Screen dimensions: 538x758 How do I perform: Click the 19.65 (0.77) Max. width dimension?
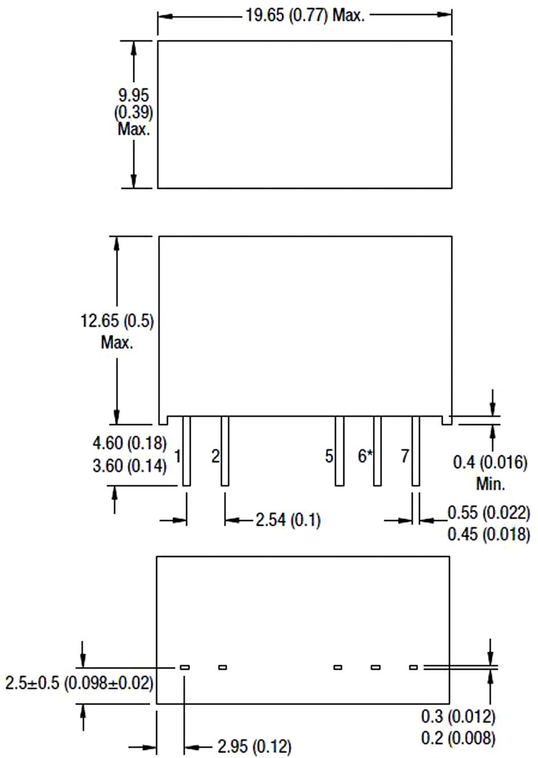click(305, 15)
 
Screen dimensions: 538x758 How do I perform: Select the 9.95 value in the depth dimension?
click(133, 95)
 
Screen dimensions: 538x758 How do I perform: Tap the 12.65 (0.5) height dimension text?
click(117, 321)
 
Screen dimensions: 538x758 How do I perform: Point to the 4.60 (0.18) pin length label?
click(130, 443)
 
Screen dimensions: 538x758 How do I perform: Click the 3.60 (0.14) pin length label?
click(130, 465)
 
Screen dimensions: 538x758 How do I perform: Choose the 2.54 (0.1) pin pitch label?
click(288, 520)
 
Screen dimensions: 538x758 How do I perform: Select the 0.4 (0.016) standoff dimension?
click(490, 462)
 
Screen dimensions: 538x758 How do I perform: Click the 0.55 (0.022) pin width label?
click(489, 512)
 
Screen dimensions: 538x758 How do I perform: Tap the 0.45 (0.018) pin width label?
click(489, 534)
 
